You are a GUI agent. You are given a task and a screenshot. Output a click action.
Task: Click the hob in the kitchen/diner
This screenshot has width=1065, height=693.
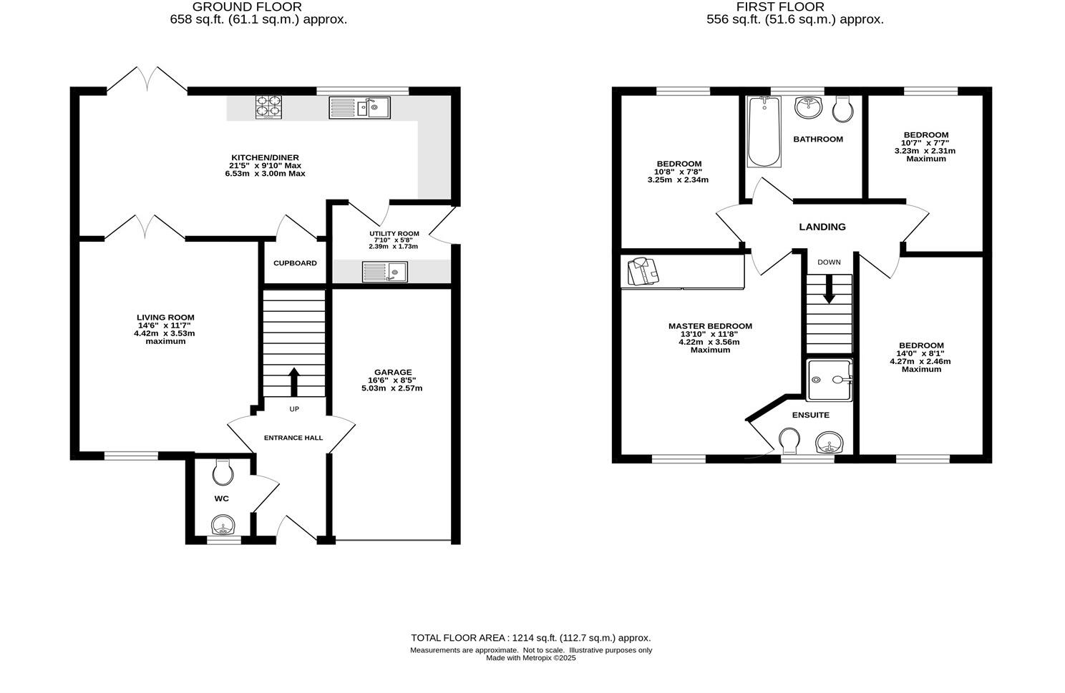268,107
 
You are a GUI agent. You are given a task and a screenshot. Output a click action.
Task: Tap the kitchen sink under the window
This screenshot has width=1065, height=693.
359,108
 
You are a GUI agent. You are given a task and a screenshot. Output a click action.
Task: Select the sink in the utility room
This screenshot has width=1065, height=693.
384,272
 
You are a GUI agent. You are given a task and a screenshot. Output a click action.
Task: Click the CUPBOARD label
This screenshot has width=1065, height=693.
295,263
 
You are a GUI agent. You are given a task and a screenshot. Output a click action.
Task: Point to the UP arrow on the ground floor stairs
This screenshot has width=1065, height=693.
293,381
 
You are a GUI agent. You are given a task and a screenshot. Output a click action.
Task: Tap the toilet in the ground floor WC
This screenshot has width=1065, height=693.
223,472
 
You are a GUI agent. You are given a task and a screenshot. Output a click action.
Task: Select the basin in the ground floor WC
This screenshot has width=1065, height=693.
223,527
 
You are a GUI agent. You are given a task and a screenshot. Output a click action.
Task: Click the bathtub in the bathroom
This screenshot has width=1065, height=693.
762,131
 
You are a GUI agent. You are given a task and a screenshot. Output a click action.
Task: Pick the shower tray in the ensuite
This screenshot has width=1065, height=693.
830,380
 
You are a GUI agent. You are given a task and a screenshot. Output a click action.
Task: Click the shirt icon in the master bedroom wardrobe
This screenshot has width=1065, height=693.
642,272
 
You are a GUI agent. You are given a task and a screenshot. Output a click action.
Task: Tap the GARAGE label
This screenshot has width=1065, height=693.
392,372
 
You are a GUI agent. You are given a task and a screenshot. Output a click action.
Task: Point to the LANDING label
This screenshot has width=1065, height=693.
822,227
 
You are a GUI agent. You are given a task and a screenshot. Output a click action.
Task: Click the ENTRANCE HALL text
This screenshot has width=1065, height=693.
293,438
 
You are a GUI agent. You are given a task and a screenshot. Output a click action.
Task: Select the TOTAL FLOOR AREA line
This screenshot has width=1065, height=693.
530,637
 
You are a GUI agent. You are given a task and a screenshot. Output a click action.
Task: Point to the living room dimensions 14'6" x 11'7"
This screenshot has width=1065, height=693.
165,325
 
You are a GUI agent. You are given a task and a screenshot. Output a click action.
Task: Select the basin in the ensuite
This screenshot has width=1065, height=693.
830,443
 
